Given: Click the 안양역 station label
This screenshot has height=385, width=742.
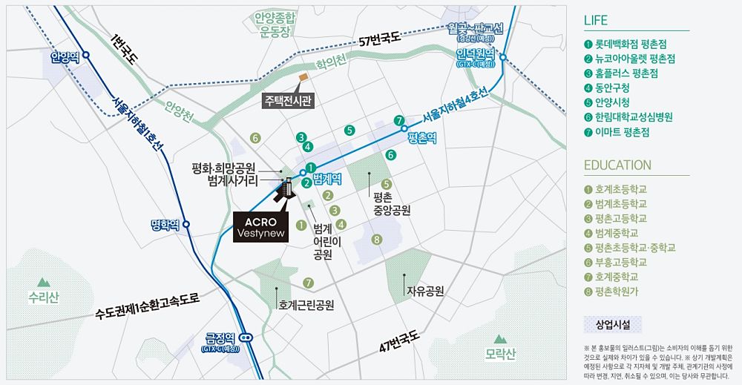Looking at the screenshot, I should click(x=64, y=56).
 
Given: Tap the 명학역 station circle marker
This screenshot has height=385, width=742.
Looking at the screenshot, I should click(x=186, y=224).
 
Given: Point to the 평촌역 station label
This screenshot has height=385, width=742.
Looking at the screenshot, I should click(x=421, y=138).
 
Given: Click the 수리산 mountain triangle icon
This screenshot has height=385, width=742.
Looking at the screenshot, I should click(x=43, y=282).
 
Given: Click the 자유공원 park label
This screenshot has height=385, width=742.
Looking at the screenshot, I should click(x=424, y=291).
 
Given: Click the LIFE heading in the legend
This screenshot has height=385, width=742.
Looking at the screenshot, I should click(x=596, y=20).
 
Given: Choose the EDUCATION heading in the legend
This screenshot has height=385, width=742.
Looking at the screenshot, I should click(x=617, y=165).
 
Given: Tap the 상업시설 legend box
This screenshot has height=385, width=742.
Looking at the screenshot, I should click(x=612, y=325).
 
